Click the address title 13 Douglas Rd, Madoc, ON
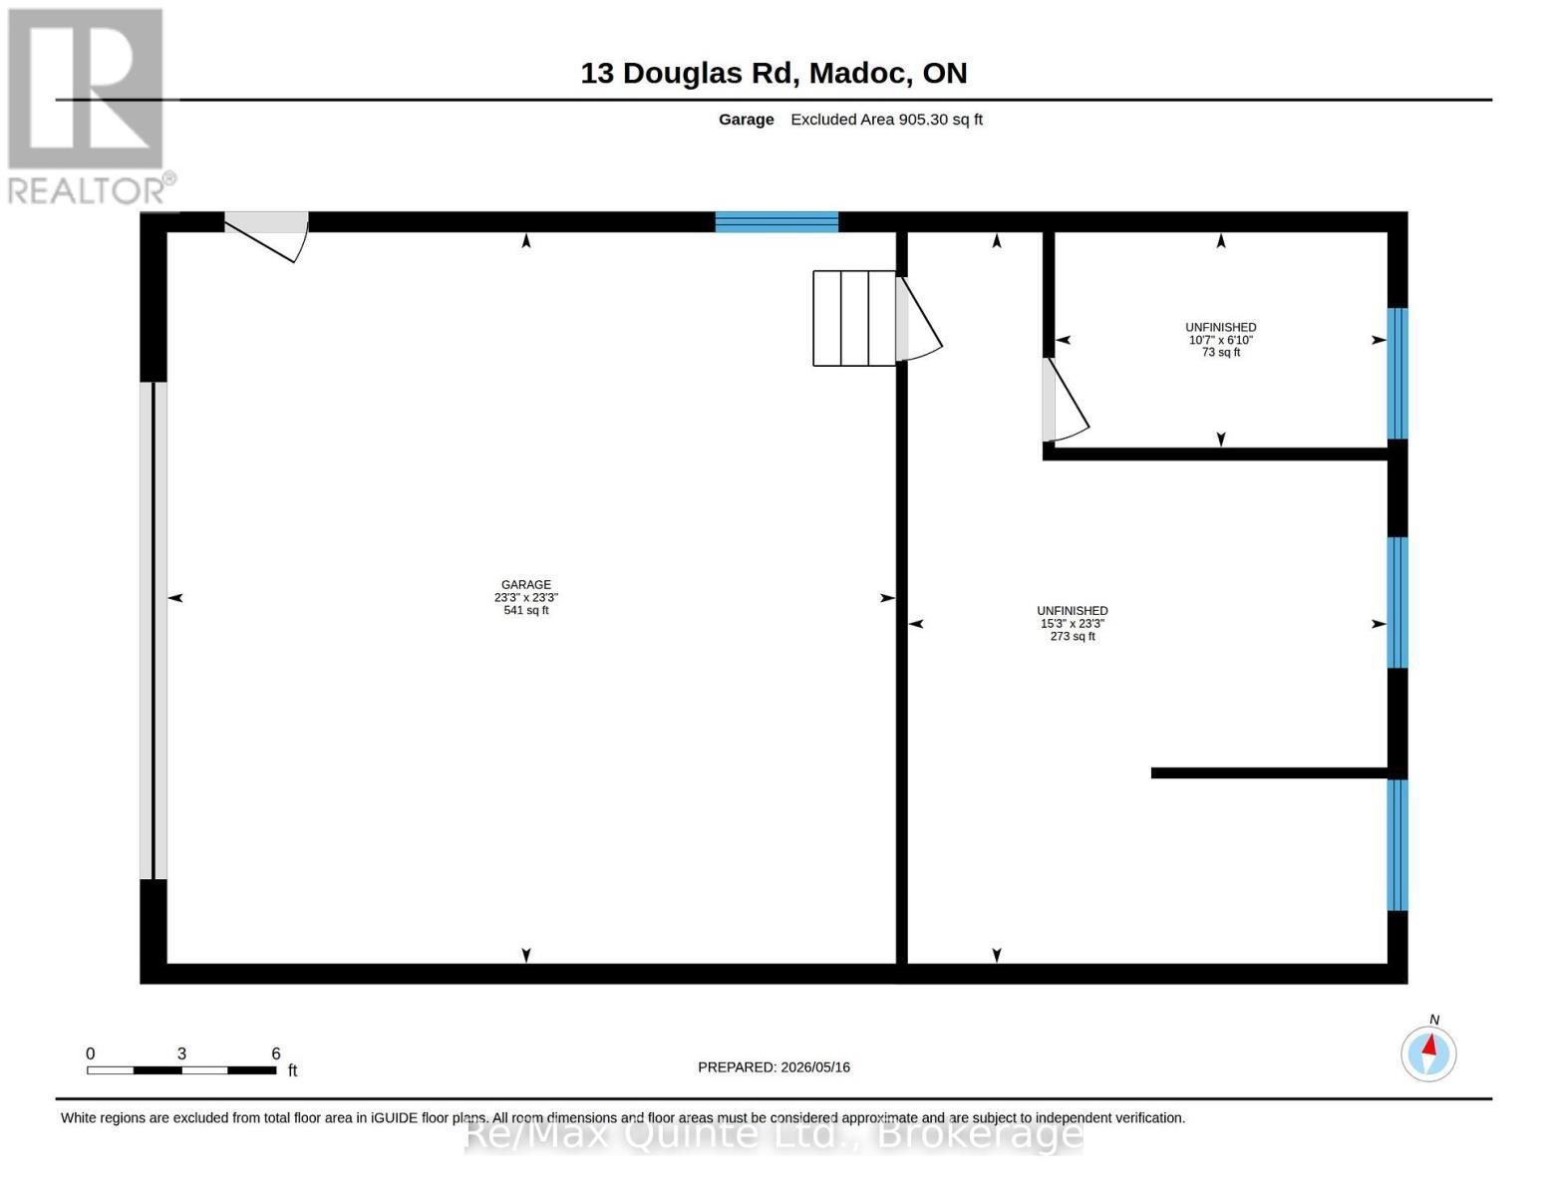pos(774,73)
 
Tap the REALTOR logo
pos(89,107)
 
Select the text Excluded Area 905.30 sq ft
pos(886,120)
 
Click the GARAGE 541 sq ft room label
pos(526,597)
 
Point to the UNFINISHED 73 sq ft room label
pos(1220,340)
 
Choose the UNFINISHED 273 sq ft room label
pos(1073,623)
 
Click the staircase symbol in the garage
pos(854,318)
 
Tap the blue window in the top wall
pos(776,221)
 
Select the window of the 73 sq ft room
pos(1396,374)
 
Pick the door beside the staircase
pos(919,318)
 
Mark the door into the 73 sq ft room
pos(1065,400)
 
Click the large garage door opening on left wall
pos(154,631)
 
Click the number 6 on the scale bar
pos(276,1052)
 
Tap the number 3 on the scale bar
pos(181,1052)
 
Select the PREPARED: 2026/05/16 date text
pos(774,1066)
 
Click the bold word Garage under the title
pos(746,120)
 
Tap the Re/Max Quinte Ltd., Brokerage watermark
pos(774,1135)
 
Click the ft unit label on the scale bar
pos(292,1069)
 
